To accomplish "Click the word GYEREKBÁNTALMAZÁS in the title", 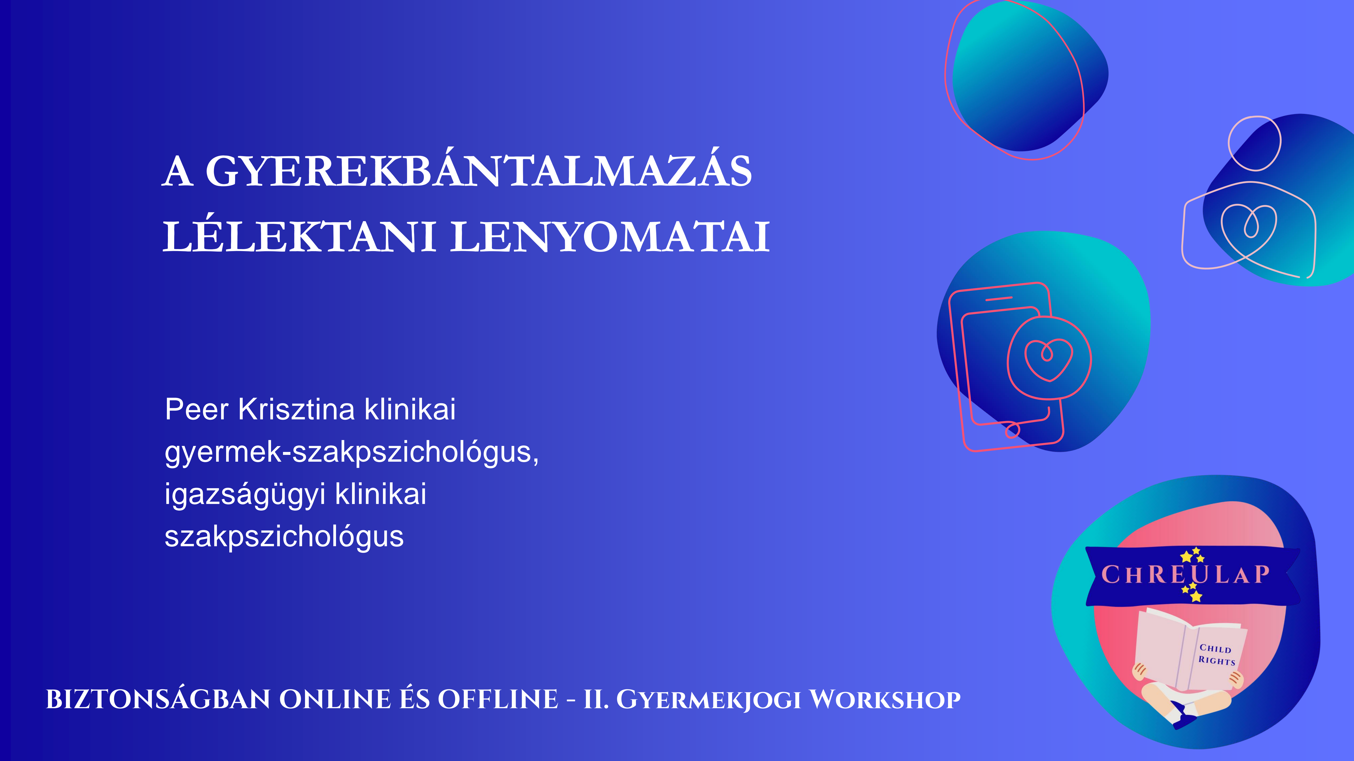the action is (x=478, y=171).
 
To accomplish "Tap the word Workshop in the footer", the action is (x=885, y=699).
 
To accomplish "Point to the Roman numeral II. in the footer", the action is (x=596, y=699).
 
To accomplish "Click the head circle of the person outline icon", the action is (x=1255, y=143).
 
